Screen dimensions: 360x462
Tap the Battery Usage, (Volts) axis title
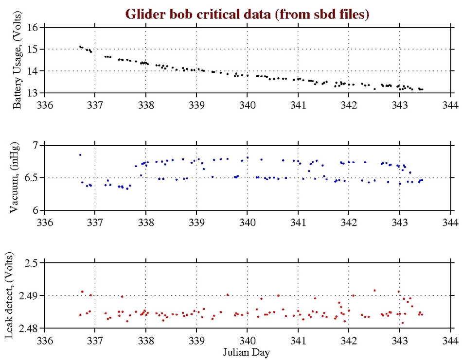(20, 60)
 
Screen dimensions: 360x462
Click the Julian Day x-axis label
(247, 351)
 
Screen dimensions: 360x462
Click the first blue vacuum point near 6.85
(80, 155)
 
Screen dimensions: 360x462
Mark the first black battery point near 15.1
(80, 47)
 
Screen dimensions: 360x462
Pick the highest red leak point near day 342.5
(374, 291)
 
